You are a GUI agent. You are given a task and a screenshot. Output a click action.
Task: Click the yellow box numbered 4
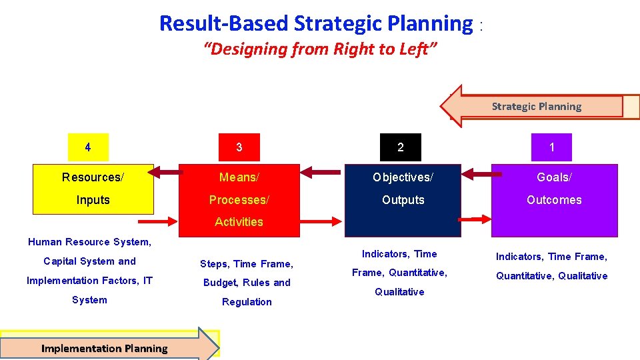click(x=88, y=147)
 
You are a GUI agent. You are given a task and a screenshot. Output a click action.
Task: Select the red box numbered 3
click(x=239, y=147)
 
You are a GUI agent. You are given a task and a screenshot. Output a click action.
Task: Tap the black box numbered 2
click(x=400, y=147)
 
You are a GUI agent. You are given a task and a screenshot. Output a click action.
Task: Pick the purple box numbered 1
click(x=551, y=147)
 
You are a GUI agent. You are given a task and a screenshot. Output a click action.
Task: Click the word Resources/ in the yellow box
click(x=93, y=177)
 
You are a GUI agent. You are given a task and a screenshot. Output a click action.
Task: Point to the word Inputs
click(x=93, y=200)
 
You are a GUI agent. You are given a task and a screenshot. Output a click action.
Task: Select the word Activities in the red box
click(x=239, y=222)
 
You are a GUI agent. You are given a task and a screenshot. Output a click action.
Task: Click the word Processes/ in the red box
click(x=239, y=200)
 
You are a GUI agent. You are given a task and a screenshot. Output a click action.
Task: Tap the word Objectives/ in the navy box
click(x=403, y=177)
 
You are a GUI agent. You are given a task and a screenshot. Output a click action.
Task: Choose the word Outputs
click(x=403, y=200)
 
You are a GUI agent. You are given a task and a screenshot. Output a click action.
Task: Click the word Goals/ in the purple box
click(x=554, y=177)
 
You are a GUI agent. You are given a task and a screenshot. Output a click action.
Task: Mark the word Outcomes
click(x=554, y=200)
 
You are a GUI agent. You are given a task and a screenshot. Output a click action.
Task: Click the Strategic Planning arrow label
click(x=536, y=107)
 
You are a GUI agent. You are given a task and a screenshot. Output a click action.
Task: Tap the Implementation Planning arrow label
click(x=105, y=349)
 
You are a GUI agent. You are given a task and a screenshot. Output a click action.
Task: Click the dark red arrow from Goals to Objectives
click(x=477, y=175)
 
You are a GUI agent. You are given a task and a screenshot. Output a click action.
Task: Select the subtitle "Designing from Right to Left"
click(x=320, y=49)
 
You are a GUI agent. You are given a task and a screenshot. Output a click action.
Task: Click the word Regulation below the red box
click(x=247, y=302)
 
